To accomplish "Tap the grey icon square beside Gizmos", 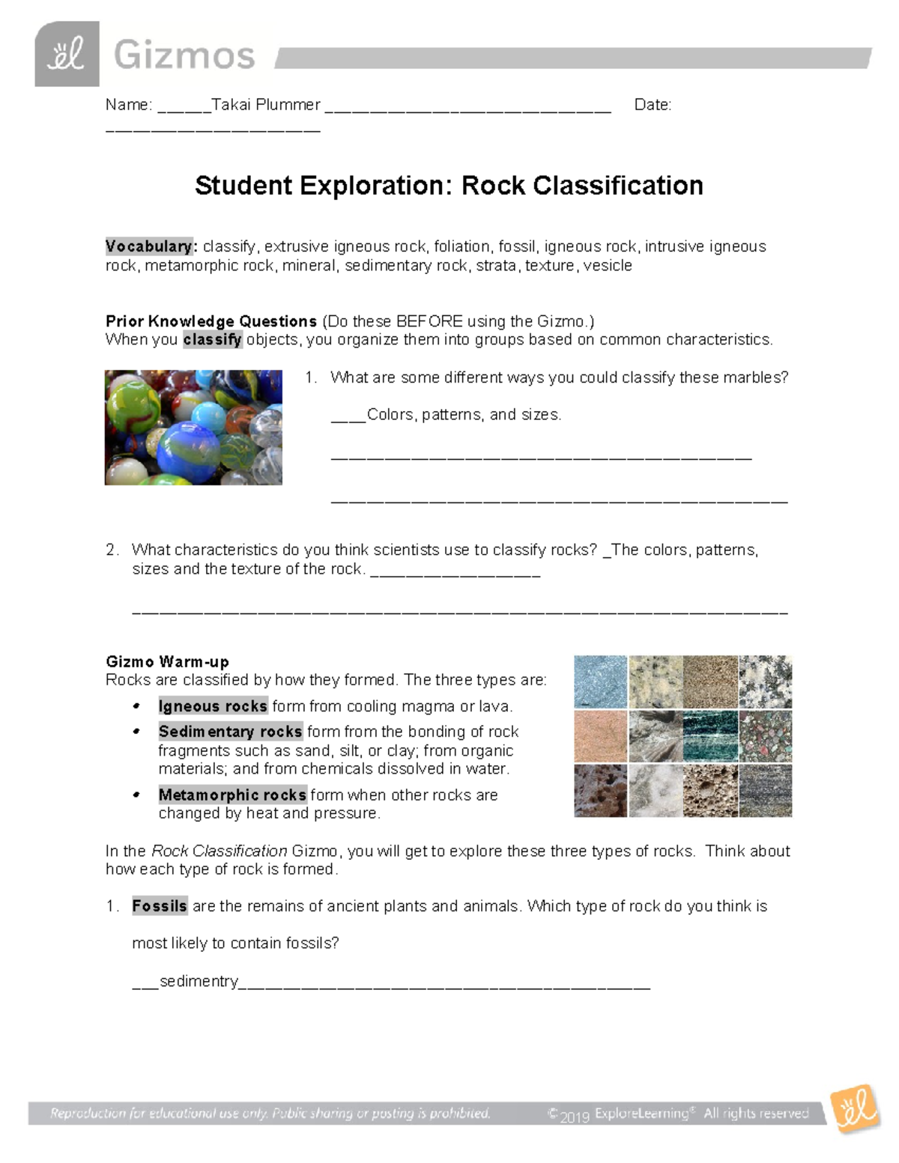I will tap(67, 54).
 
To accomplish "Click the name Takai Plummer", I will tap(266, 105).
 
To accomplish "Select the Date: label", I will tap(653, 105).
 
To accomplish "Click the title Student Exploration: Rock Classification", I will tap(449, 186).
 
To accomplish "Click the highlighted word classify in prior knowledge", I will tap(213, 340).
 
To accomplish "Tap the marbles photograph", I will tap(193, 428).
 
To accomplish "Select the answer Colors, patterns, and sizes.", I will tap(464, 415).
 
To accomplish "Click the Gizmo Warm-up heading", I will tap(167, 662).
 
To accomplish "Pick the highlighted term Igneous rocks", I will tap(213, 706).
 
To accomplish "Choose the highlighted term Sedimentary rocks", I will tap(230, 732).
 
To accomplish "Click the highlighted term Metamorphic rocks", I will tap(232, 795).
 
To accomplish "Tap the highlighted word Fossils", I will tap(159, 906).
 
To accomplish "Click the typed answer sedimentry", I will tap(199, 981).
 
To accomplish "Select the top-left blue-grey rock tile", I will tap(601, 682).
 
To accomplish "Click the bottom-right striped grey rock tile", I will tap(765, 791).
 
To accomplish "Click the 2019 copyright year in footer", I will tap(574, 1117).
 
